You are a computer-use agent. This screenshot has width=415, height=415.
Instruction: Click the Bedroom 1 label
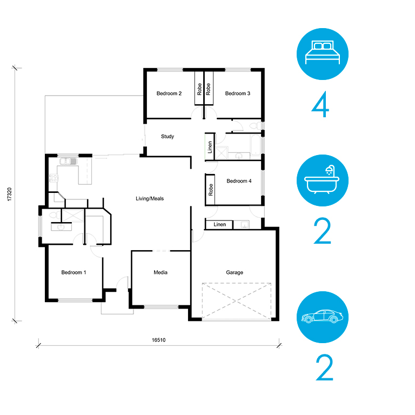coord(73,272)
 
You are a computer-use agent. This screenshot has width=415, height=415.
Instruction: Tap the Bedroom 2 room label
coord(169,93)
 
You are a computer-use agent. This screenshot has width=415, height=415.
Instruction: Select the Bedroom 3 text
coord(238,93)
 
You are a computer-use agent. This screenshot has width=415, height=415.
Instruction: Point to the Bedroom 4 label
coord(239,181)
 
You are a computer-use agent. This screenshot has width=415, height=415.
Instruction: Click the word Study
coord(168,137)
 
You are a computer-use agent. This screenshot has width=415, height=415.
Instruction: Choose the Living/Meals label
coord(150,198)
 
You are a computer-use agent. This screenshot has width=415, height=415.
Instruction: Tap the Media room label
coord(160,272)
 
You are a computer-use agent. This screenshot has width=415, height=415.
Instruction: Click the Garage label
coord(235,272)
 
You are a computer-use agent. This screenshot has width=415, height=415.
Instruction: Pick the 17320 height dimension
coord(10,195)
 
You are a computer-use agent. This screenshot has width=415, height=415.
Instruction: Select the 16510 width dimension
coord(158,340)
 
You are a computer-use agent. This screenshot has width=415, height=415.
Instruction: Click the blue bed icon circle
coord(323,54)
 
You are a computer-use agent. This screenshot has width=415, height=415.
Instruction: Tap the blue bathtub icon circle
coord(323,180)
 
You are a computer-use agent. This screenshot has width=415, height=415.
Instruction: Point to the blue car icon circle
coord(323,317)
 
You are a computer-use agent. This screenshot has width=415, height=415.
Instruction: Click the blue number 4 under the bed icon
coord(320,104)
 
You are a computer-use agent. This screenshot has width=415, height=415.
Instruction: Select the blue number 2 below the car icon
coord(324,367)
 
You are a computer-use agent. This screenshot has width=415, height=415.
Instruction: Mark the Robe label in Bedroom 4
coord(211,190)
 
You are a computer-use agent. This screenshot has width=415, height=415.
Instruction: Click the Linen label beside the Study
coord(210,147)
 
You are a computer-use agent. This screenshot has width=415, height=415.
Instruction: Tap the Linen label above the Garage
coord(220,224)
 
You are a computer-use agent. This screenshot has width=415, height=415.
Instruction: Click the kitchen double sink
coord(68,161)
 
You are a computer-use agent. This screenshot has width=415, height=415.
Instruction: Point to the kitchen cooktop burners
coord(53,178)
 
